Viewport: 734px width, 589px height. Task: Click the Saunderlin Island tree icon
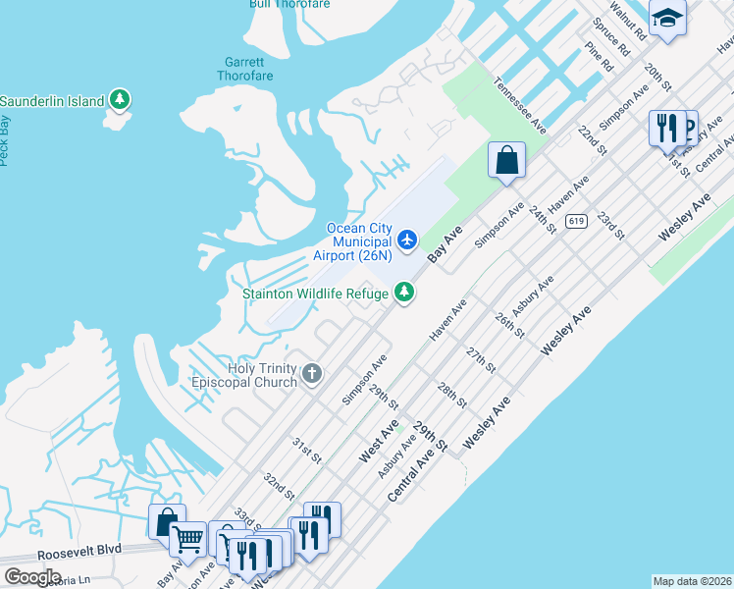(120, 100)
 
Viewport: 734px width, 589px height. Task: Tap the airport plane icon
(407, 239)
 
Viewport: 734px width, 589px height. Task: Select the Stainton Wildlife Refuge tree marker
(403, 292)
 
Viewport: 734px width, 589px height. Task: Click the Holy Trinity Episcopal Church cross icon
(312, 373)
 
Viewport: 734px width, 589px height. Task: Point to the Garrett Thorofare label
(244, 67)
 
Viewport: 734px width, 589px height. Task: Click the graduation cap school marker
(667, 18)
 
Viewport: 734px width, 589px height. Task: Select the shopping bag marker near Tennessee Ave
(506, 159)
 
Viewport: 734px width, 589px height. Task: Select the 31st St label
(306, 451)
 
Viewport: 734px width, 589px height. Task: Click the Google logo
(32, 576)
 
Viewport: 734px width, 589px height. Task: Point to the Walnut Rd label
(628, 19)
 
